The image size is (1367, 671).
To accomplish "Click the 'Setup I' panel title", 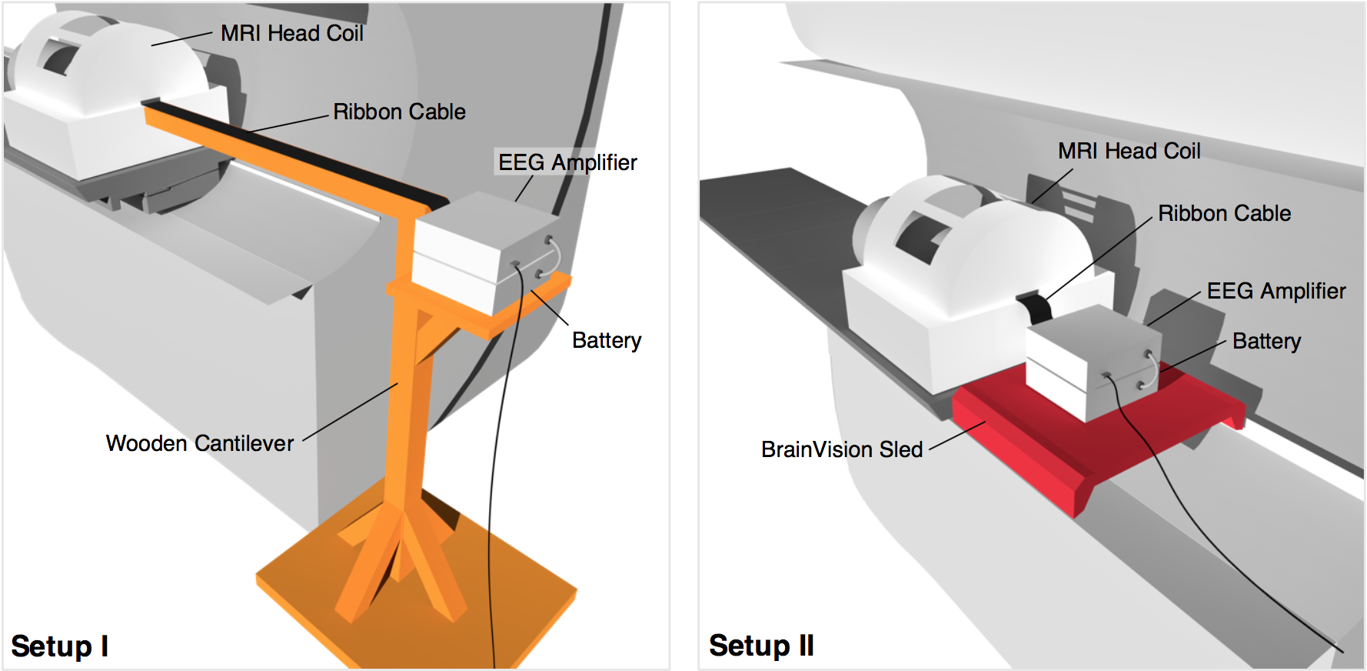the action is [x=59, y=646].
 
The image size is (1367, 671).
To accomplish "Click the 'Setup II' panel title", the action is [x=761, y=646].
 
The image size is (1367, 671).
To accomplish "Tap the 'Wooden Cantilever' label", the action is [x=200, y=443].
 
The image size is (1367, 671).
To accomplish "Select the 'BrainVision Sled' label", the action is [x=842, y=449].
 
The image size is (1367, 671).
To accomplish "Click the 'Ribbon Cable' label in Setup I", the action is [x=399, y=112].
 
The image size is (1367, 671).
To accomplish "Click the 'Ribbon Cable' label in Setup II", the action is [x=1224, y=213].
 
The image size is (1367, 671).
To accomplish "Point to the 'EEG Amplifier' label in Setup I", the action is [x=567, y=162].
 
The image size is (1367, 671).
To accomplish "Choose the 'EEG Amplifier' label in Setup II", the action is [x=1276, y=291].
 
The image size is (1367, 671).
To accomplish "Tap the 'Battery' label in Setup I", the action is [x=607, y=340].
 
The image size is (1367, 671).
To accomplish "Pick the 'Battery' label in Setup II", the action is [x=1266, y=341].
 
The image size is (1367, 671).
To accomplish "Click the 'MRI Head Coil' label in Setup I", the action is [x=292, y=33].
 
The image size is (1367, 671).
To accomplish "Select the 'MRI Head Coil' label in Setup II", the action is [x=1129, y=151].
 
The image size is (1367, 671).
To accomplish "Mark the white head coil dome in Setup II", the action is [x=976, y=239].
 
